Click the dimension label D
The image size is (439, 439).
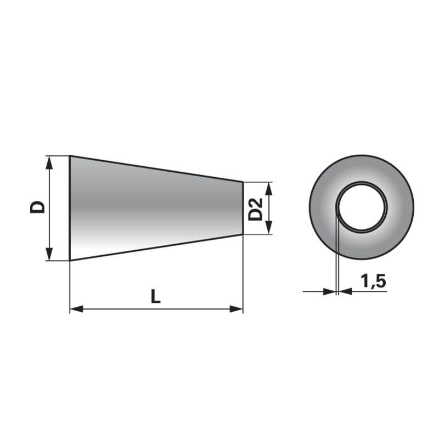37,207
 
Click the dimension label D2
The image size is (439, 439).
255,209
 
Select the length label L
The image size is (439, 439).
156,296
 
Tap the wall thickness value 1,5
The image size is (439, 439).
374,282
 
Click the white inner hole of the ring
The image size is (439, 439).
362,207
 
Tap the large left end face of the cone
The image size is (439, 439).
70,208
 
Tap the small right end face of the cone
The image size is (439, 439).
243,208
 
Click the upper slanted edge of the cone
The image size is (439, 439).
156,168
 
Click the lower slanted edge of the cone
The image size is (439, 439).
156,247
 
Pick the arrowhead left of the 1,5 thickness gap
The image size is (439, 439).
329,291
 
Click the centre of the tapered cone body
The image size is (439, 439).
156,208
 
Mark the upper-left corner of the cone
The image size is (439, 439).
70,156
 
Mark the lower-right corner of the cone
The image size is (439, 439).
243,234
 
